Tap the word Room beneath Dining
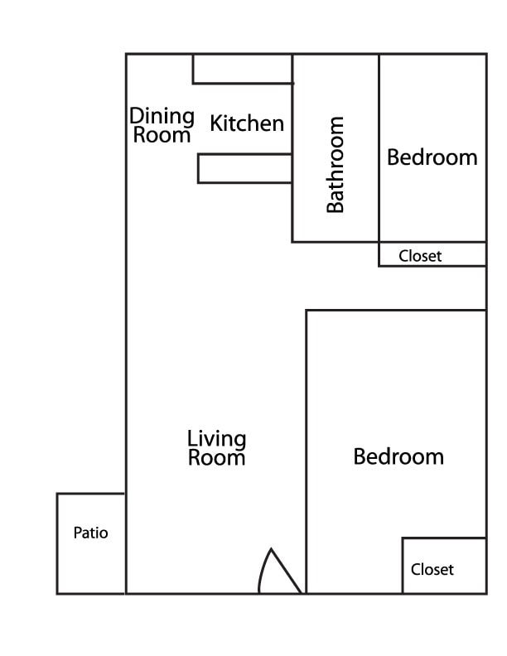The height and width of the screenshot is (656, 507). (162, 135)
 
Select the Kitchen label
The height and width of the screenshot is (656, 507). (247, 123)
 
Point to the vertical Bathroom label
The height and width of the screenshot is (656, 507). (336, 165)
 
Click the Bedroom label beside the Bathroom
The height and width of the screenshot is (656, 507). (432, 157)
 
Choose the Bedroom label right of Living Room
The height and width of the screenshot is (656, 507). (398, 456)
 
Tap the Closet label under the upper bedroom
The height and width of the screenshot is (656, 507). (420, 256)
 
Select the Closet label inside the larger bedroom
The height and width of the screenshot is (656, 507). (432, 570)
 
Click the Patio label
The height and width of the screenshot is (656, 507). (90, 533)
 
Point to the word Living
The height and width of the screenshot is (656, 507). (216, 439)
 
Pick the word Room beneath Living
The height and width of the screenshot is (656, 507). (216, 457)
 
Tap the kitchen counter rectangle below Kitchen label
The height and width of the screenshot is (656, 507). (244, 168)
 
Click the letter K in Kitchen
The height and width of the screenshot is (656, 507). (216, 123)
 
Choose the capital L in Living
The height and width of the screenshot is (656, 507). (192, 438)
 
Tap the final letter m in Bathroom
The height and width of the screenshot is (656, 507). (336, 125)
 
